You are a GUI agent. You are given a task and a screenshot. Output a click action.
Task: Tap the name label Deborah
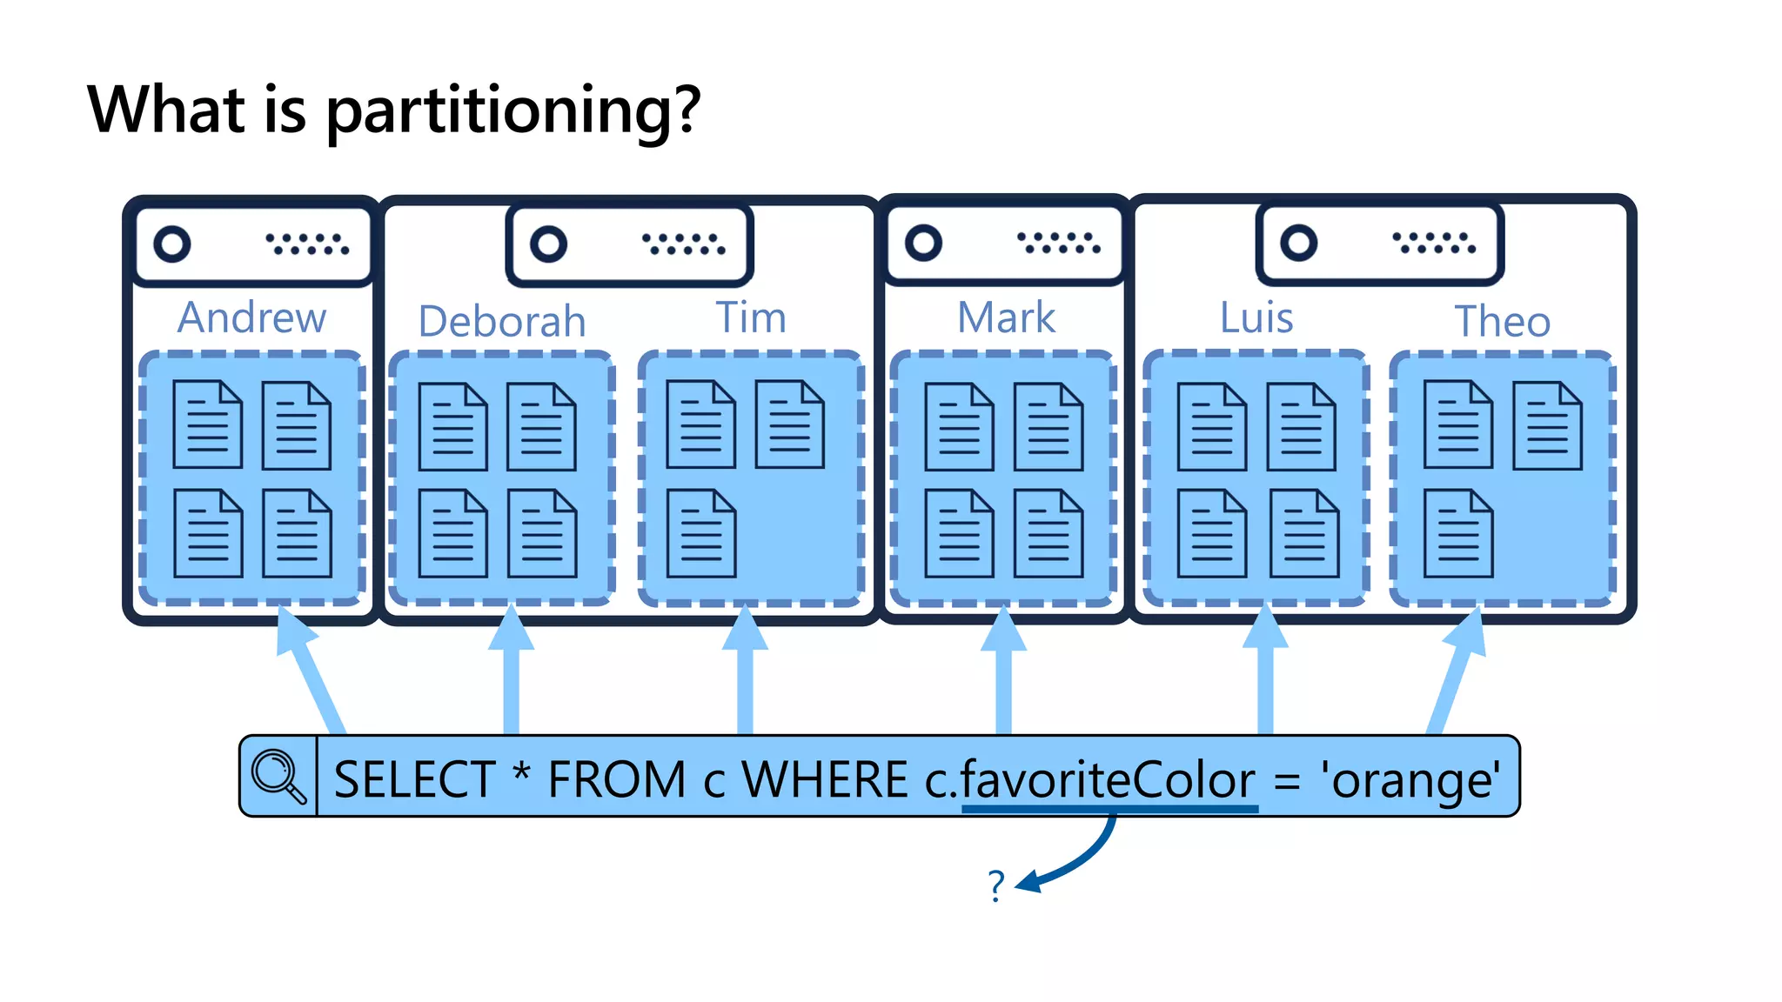click(502, 321)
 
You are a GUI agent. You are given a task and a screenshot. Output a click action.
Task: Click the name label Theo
click(1503, 321)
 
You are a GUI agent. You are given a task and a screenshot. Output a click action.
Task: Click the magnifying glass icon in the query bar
click(278, 775)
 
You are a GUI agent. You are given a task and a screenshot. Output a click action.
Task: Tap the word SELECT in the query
click(414, 778)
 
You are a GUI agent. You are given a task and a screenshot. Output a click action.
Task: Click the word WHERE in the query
click(825, 778)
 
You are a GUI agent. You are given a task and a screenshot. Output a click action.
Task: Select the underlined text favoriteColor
click(1109, 778)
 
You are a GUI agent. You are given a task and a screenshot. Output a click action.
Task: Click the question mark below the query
click(996, 885)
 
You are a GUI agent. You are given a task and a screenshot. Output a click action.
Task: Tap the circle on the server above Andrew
click(172, 244)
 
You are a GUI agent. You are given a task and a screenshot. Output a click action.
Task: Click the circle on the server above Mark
click(923, 243)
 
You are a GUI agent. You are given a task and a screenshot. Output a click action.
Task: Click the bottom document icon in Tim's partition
click(701, 533)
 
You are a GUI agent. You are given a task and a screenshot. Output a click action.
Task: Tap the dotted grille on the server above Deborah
click(683, 244)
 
